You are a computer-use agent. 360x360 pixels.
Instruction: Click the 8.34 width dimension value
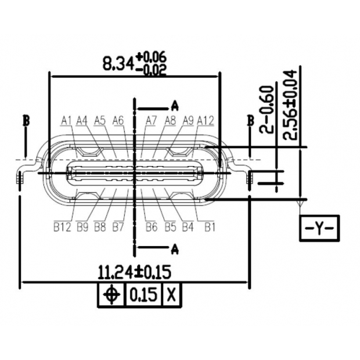click(x=118, y=63)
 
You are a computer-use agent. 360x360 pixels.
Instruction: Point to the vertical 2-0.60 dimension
click(x=267, y=109)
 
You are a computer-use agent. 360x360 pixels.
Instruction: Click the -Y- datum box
click(x=319, y=228)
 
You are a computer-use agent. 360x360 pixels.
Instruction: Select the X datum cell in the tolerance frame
click(x=171, y=295)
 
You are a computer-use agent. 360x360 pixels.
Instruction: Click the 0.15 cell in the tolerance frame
click(x=143, y=295)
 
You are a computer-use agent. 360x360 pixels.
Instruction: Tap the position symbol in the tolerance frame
click(x=110, y=295)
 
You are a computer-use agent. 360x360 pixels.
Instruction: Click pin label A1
click(x=66, y=120)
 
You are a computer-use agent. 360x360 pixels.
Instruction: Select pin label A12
click(x=206, y=120)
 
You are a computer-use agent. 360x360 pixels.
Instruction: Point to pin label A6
click(x=118, y=120)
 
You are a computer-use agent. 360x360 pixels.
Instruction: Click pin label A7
click(x=152, y=120)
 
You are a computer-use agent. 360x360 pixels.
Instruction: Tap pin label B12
click(x=62, y=226)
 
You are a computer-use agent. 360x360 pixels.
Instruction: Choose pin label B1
click(x=210, y=226)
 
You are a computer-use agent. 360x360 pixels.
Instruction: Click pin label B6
click(x=152, y=226)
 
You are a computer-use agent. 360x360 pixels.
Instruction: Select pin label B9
click(x=82, y=226)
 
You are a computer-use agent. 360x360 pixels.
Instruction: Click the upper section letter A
click(x=174, y=106)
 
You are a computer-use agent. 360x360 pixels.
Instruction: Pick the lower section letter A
click(x=174, y=249)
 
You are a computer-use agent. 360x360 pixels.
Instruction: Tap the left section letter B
click(x=26, y=121)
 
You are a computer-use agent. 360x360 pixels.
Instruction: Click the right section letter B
click(x=250, y=121)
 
